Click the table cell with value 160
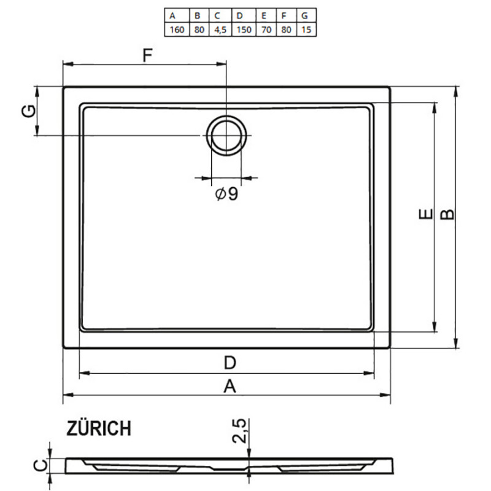point(177,29)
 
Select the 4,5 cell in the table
point(220,29)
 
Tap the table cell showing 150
point(244,29)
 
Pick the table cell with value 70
point(266,29)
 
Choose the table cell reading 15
point(306,29)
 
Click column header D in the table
point(240,16)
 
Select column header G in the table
point(304,16)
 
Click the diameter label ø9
point(226,194)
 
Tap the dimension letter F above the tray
point(147,55)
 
